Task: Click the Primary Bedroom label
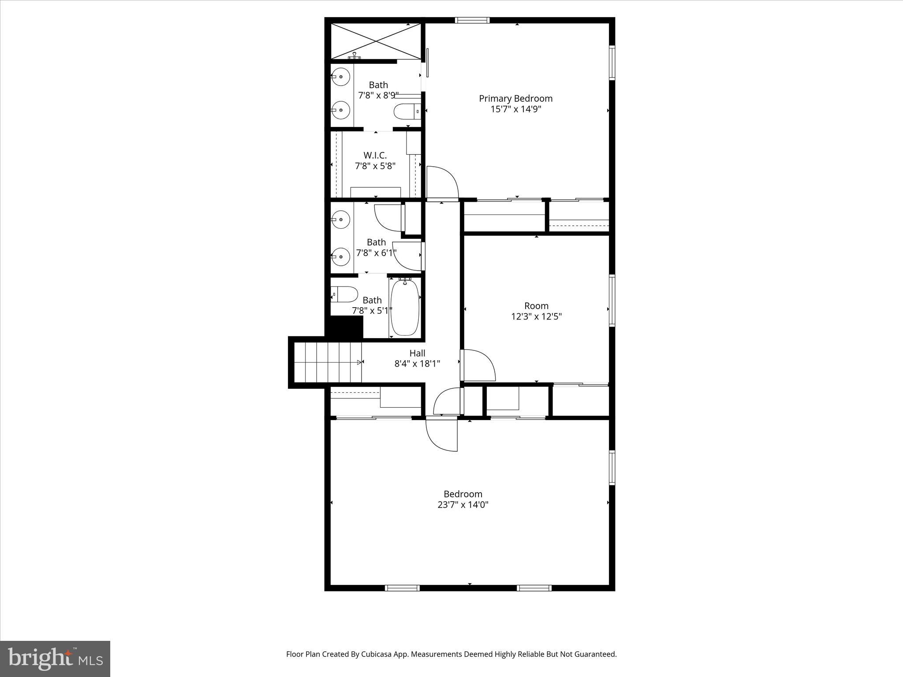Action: (515, 98)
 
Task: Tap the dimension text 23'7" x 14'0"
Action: (463, 505)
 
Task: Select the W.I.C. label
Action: (375, 155)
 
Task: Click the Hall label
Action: (417, 353)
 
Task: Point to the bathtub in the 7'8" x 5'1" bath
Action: (405, 307)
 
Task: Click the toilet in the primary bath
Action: (407, 112)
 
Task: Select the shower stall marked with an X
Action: (375, 41)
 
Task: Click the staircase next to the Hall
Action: (327, 362)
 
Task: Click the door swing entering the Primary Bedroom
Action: (442, 182)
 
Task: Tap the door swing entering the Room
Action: (478, 365)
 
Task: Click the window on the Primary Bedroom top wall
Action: (472, 20)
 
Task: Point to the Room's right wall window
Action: (612, 300)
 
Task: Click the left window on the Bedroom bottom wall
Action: (402, 588)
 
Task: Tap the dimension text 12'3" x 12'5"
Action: (536, 316)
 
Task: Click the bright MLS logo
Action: (55, 658)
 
